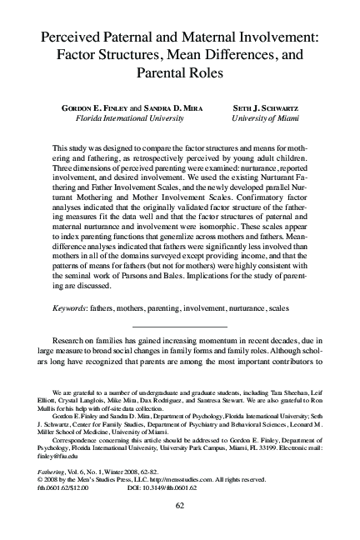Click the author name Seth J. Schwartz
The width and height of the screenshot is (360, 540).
[271, 108]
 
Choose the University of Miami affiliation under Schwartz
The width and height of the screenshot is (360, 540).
[271, 118]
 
